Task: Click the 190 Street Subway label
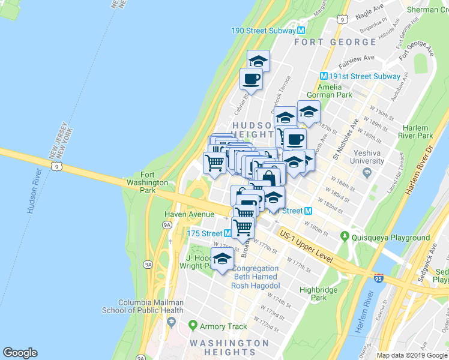[264, 30]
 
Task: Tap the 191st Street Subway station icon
[324, 76]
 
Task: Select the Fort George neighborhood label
[334, 42]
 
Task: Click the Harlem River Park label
[415, 132]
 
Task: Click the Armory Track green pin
[193, 326]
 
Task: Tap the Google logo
[20, 353]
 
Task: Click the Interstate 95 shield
[378, 278]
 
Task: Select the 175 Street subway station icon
[228, 233]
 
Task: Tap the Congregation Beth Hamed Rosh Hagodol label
[255, 276]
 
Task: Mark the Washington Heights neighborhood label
[229, 347]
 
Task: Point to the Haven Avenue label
[190, 214]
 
